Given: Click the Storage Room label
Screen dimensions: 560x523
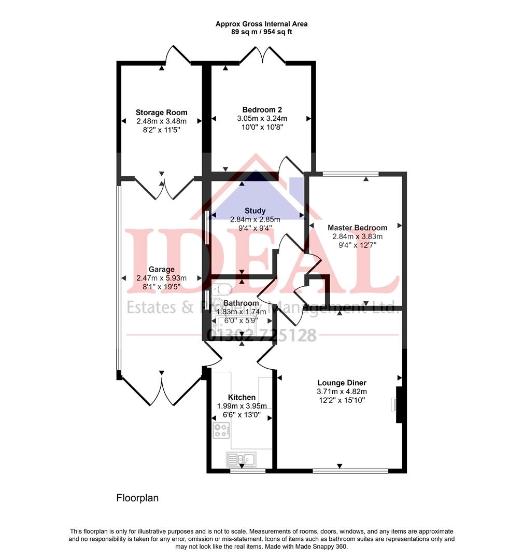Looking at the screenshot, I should click(x=161, y=113).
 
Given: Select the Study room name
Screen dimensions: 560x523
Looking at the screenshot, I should click(x=255, y=211).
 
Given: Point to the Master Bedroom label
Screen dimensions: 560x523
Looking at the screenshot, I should click(x=357, y=228).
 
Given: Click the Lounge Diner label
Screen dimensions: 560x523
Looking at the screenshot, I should click(x=342, y=383).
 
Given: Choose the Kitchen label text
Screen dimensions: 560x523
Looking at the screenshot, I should click(x=242, y=397).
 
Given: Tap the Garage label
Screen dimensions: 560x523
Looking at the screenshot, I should click(x=161, y=269).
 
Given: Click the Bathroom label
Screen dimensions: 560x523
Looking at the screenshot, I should click(x=241, y=303).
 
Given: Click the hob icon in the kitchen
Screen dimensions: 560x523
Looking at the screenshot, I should click(x=221, y=430).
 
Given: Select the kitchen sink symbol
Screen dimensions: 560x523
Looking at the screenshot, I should click(x=242, y=459).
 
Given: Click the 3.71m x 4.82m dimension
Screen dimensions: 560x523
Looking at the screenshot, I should click(x=342, y=391).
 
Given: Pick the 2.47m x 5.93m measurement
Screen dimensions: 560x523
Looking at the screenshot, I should click(x=161, y=278).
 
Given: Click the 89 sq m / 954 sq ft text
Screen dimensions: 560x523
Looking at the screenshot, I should click(x=261, y=32).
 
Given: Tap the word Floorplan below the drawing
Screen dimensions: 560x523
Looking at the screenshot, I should click(x=137, y=498).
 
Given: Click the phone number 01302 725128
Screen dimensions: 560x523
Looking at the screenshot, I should click(x=262, y=335).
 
